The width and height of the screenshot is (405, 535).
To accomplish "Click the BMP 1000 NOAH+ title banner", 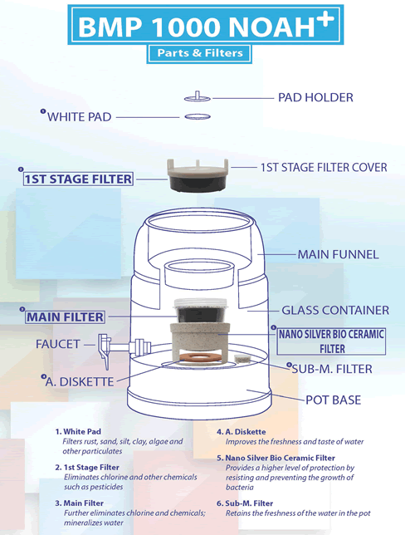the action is [x=206, y=25].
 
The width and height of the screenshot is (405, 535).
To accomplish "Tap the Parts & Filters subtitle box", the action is [x=199, y=53].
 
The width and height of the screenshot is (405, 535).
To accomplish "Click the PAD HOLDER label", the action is [x=315, y=97].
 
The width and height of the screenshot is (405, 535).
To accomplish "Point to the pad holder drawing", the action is [x=198, y=96].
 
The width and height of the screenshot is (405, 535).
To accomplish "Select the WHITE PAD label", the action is [x=79, y=117].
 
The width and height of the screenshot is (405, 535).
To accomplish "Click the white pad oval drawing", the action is [x=198, y=116].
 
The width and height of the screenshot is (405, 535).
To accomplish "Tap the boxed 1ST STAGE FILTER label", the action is [x=78, y=179].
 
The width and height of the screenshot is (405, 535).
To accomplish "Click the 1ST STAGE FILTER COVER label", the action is [x=324, y=168].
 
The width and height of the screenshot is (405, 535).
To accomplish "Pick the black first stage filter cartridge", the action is [x=198, y=183].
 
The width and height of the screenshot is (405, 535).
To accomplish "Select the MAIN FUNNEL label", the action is [x=338, y=254].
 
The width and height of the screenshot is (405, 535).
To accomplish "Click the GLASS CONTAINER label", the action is [x=335, y=310].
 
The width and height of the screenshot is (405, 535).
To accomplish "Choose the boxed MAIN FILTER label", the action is [x=65, y=317].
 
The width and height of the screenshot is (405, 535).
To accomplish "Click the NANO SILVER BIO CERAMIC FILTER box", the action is [x=331, y=341].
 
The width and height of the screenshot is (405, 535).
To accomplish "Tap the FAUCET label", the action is [x=57, y=344].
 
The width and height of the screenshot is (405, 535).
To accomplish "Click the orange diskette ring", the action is [x=199, y=358].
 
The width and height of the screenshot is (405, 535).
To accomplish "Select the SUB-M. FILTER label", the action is [x=332, y=369].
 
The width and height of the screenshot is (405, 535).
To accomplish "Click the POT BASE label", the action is [x=333, y=400].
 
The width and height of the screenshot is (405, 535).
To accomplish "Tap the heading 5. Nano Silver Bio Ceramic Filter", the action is [x=276, y=458].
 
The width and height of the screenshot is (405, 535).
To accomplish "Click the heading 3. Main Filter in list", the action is [x=79, y=503].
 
